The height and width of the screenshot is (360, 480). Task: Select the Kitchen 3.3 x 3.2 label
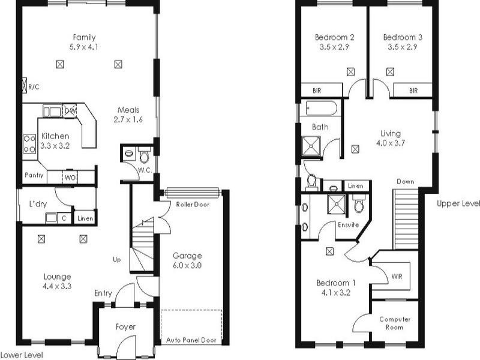(55, 141)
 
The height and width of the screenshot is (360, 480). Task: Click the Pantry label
(34, 176)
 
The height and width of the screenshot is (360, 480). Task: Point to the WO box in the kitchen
(70, 177)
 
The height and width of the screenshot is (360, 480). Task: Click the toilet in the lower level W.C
(143, 157)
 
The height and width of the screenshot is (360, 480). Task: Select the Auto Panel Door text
(191, 340)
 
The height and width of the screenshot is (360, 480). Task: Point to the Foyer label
(125, 327)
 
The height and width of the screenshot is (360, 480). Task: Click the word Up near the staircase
(117, 260)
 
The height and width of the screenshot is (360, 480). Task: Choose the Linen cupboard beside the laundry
(85, 218)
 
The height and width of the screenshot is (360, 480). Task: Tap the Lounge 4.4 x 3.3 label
(58, 281)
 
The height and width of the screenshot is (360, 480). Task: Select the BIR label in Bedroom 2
(317, 91)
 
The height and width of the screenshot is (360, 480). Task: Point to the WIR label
(397, 277)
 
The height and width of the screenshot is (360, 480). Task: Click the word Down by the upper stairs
(405, 181)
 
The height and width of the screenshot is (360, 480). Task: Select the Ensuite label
(347, 225)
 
